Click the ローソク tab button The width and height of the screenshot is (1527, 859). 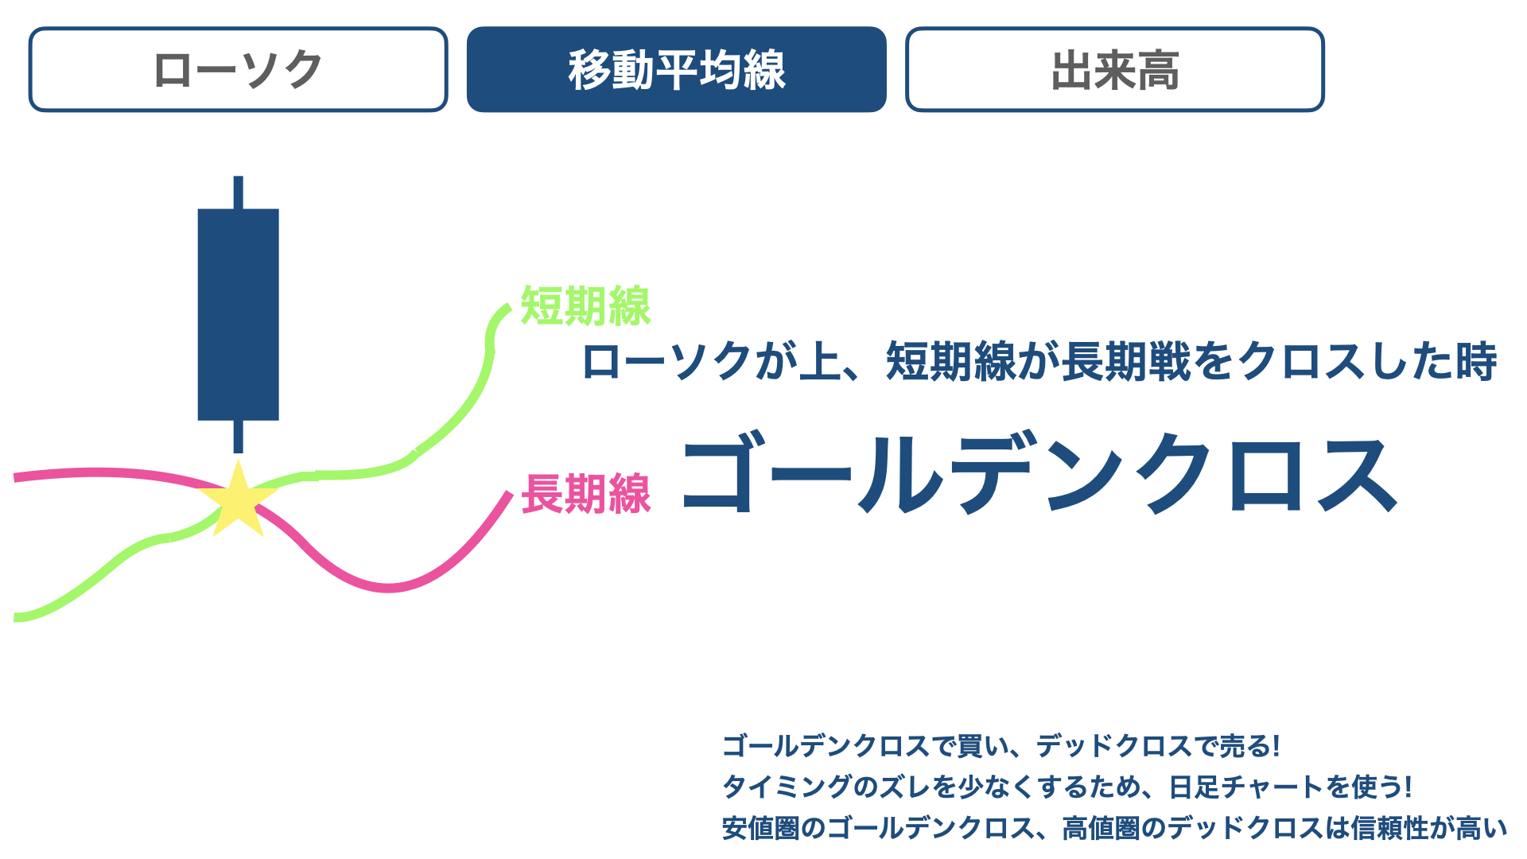pos(238,70)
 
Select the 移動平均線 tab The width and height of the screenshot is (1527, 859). pos(676,70)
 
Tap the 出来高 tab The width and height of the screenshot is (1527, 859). pos(1114,70)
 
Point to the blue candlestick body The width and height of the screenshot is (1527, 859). pos(238,314)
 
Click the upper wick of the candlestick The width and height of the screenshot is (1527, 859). pos(238,192)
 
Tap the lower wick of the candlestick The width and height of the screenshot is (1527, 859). pos(238,437)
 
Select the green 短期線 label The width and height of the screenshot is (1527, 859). pos(585,306)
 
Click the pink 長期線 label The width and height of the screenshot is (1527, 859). pos(586,494)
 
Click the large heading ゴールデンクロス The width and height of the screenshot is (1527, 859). pos(1039,473)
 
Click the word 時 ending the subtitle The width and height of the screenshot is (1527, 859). pos(1477,361)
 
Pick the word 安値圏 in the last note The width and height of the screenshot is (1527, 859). pos(761,829)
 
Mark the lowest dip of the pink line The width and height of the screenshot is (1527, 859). pos(388,589)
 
